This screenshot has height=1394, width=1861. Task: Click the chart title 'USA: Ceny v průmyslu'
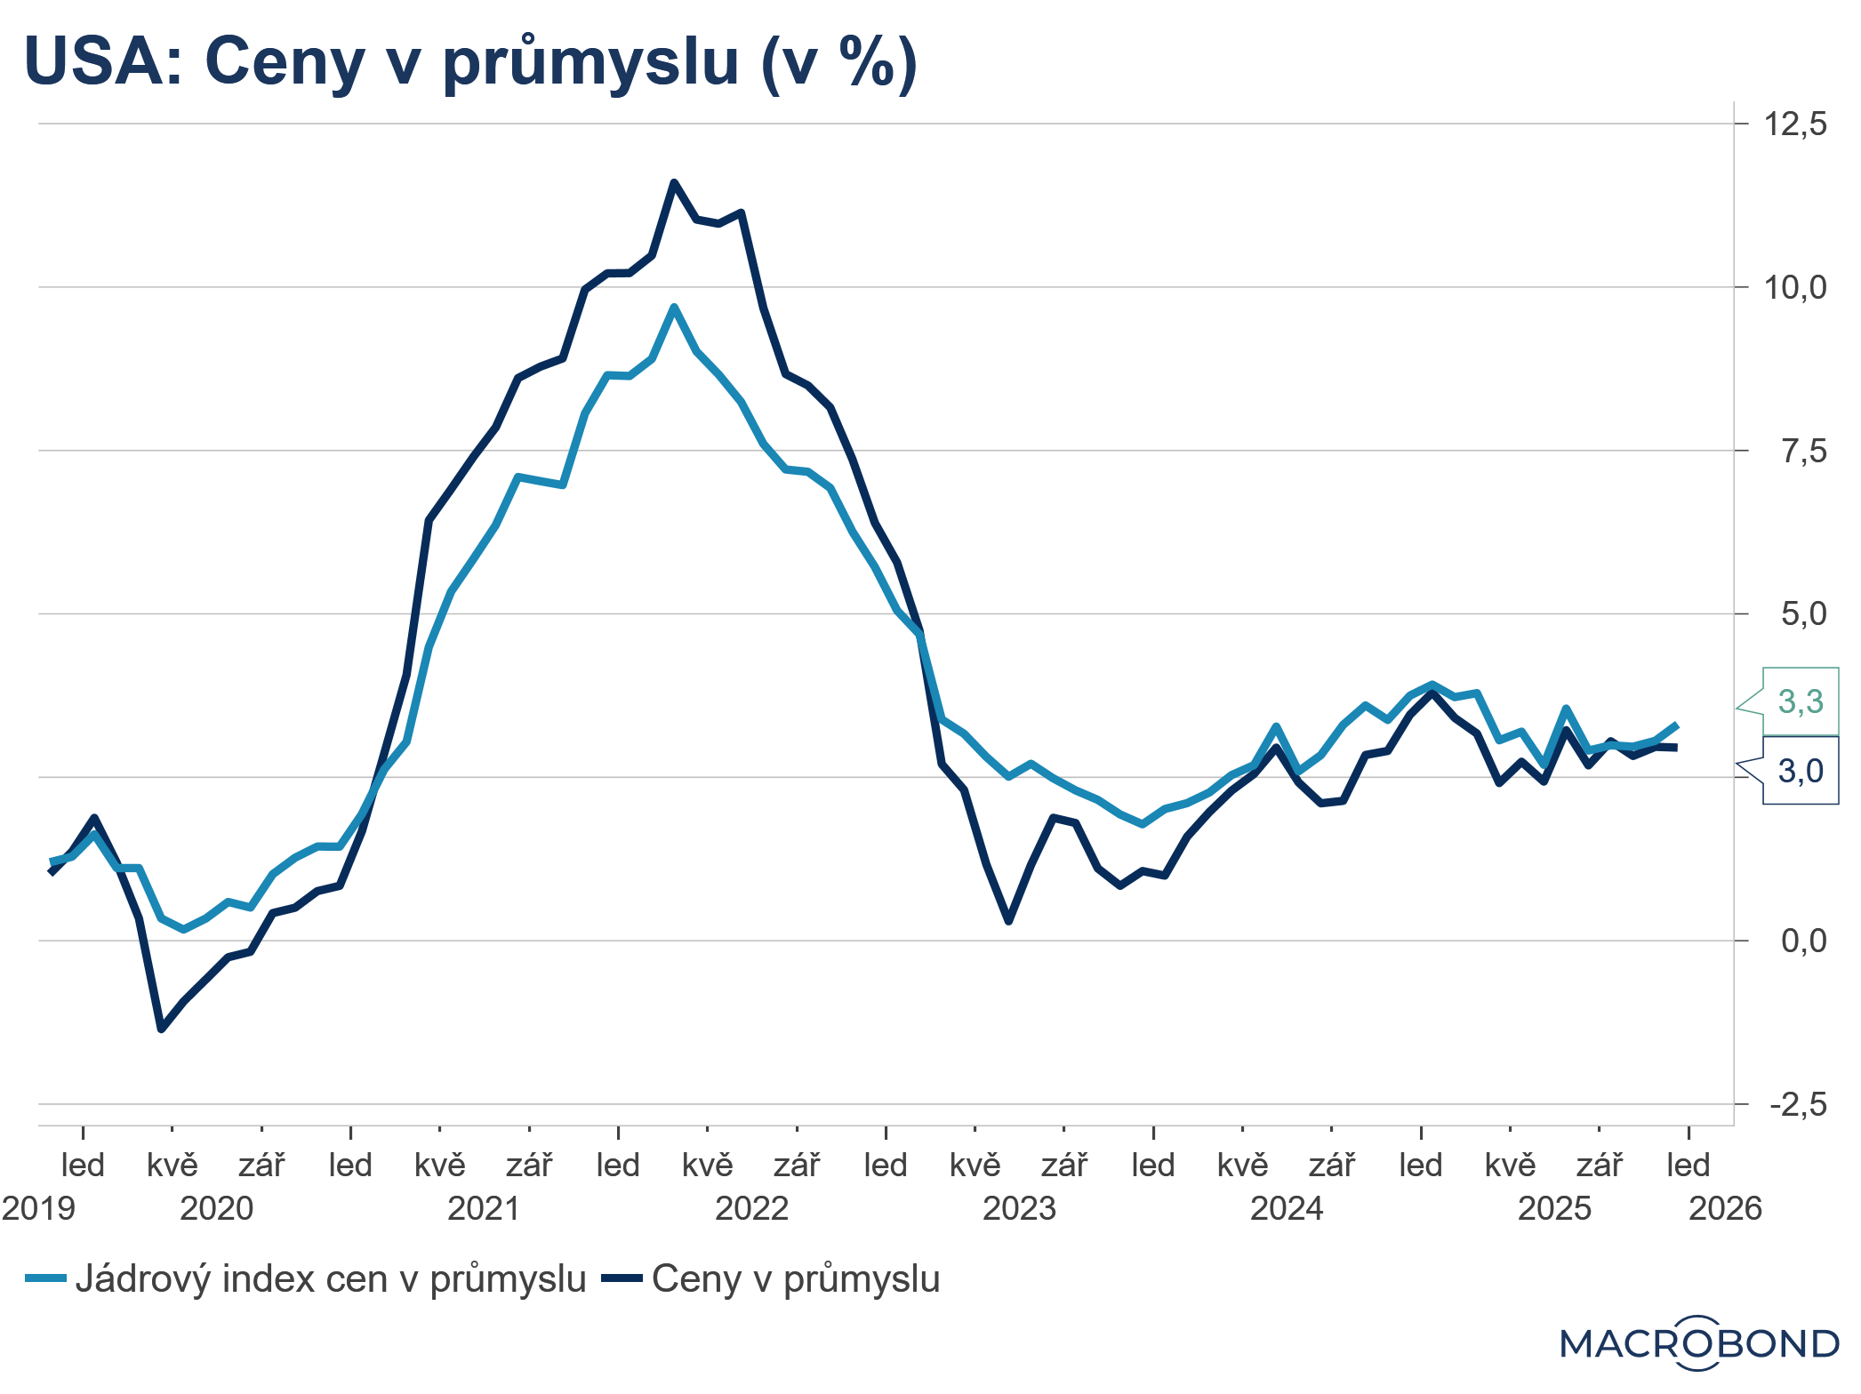pyautogui.click(x=470, y=62)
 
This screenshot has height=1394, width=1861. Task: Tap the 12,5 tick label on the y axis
pyautogui.click(x=1795, y=124)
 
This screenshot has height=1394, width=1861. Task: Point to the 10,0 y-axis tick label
pyautogui.click(x=1795, y=287)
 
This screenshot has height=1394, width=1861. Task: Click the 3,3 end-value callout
pyautogui.click(x=1800, y=701)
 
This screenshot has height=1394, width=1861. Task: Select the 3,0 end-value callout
pyautogui.click(x=1800, y=771)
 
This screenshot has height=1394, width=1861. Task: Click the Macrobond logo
pyautogui.click(x=1699, y=1342)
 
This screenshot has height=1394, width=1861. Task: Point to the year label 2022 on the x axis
pyautogui.click(x=751, y=1209)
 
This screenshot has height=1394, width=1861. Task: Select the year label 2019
pyautogui.click(x=39, y=1209)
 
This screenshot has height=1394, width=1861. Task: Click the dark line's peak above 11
pyautogui.click(x=674, y=182)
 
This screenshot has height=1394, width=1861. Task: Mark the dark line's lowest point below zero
pyautogui.click(x=161, y=1029)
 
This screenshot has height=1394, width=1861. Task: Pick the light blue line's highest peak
pyautogui.click(x=674, y=307)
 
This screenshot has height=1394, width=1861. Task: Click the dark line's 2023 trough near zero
pyautogui.click(x=1008, y=921)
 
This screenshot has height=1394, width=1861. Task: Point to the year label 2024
pyautogui.click(x=1287, y=1209)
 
